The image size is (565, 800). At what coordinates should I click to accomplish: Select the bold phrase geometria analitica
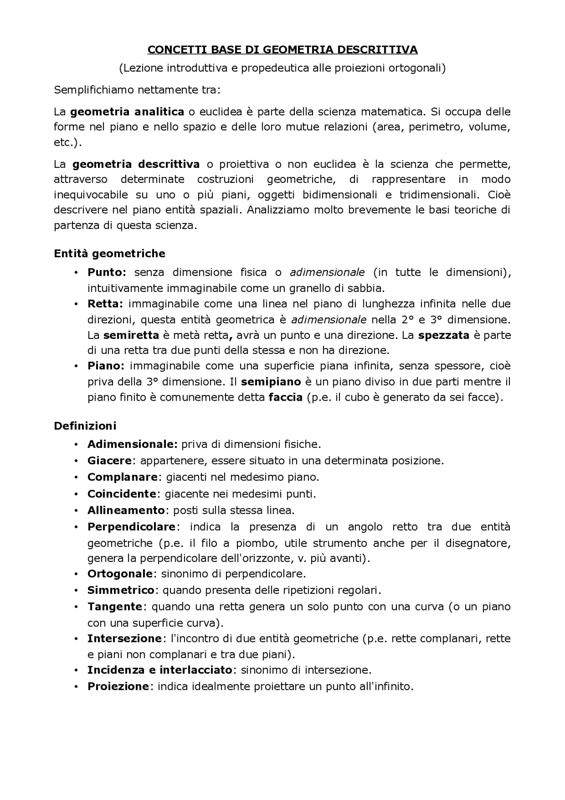point(127,111)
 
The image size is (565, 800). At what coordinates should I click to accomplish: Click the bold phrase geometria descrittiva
point(136,164)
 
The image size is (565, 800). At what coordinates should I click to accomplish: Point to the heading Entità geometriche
point(109,254)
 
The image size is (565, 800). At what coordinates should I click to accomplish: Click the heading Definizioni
point(85,426)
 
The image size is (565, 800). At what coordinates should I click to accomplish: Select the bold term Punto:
point(107,272)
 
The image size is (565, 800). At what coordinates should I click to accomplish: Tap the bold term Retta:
point(105,304)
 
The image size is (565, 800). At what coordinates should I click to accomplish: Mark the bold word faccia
point(286,397)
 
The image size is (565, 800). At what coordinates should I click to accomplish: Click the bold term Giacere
point(109,461)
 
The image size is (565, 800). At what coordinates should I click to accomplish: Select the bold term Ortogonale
point(120,574)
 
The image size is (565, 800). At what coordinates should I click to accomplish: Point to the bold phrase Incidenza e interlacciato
point(160,670)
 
